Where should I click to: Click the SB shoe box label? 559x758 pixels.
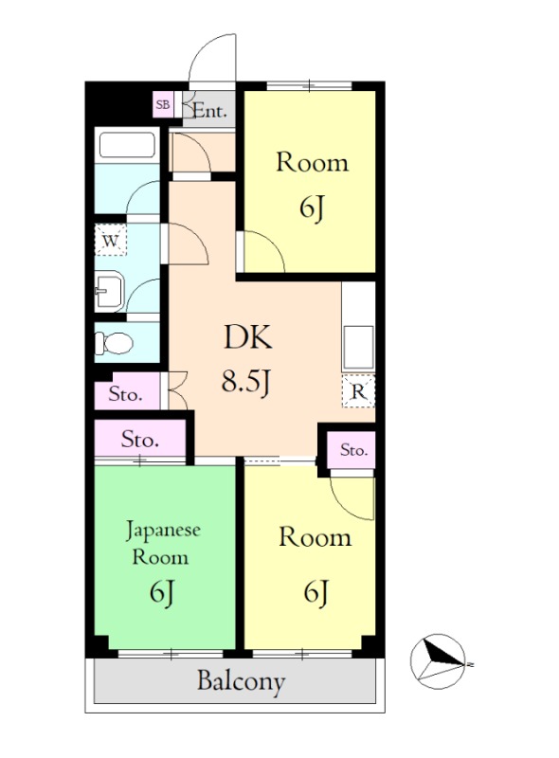click(162, 104)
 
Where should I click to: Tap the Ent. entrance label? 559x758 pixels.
click(209, 111)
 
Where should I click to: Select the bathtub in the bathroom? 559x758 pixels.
click(127, 145)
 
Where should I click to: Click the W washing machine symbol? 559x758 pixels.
click(111, 240)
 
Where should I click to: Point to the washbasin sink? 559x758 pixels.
click(110, 291)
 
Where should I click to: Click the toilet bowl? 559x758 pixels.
click(114, 343)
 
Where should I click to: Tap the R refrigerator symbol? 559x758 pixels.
click(358, 391)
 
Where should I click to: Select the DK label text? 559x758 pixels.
click(248, 337)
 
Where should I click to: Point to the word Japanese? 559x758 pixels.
click(163, 531)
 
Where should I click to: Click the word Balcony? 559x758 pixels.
click(241, 681)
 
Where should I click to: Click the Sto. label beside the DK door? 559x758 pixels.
click(125, 394)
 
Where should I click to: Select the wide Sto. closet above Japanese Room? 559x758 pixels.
click(140, 439)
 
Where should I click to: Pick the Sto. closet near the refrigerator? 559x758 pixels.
click(353, 450)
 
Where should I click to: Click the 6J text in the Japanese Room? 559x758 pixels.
click(161, 592)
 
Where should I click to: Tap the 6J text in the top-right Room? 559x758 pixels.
click(312, 208)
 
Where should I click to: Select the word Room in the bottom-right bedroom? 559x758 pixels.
click(315, 537)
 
